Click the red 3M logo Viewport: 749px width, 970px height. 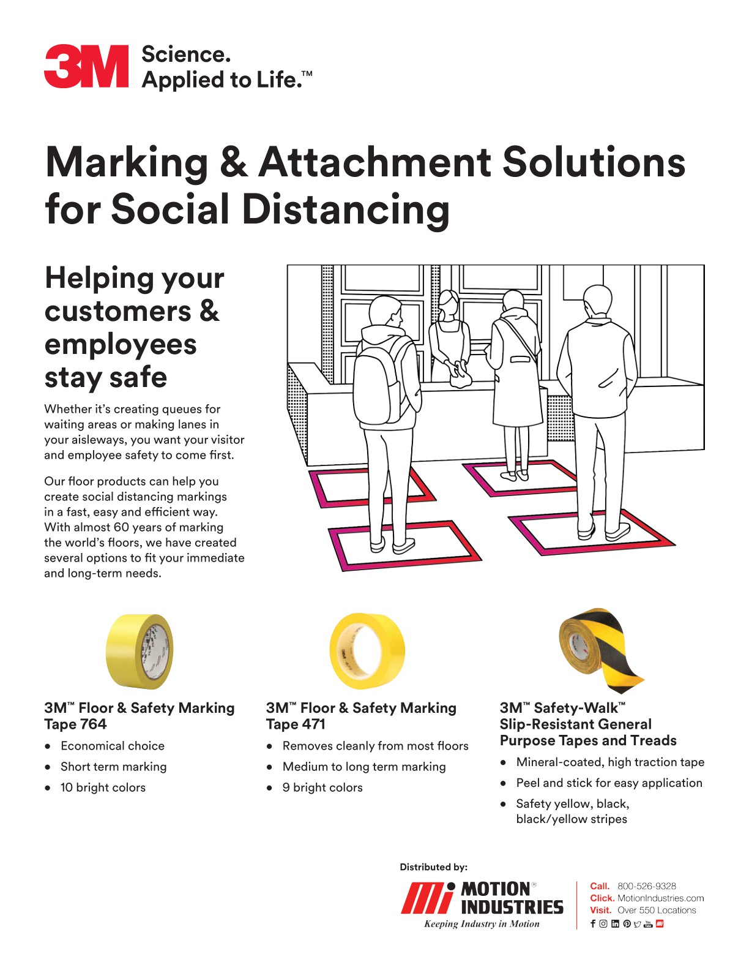86,66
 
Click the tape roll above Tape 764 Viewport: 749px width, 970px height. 140,651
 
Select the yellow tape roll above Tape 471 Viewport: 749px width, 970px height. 367,651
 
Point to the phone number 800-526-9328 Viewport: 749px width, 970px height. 646,886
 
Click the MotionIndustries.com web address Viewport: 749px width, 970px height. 660,898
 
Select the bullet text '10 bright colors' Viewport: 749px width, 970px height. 103,788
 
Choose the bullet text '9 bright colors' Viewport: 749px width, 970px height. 322,788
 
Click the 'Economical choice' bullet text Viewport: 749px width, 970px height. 113,746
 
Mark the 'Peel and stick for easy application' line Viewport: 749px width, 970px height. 609,783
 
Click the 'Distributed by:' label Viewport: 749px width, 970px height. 433,867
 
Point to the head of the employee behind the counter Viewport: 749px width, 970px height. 449,301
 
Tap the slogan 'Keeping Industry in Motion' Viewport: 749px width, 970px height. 482,924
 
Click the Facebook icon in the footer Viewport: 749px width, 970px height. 592,924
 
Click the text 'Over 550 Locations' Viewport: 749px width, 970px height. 657,911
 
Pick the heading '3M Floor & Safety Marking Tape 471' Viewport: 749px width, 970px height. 361,716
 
